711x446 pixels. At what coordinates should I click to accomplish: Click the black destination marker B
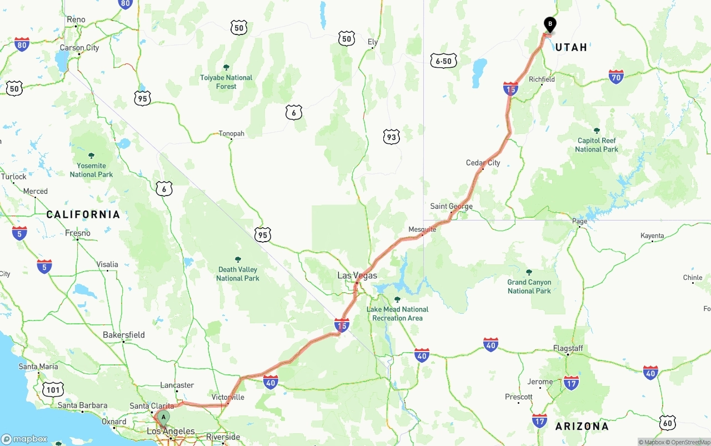click(550, 25)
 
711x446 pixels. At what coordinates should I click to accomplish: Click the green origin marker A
click(163, 418)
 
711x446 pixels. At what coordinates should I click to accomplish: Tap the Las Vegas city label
click(357, 275)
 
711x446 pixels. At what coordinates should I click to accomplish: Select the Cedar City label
click(483, 163)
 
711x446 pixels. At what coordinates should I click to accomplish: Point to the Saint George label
click(451, 206)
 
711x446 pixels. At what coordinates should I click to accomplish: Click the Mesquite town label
click(422, 229)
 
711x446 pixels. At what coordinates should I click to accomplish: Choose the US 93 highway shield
click(391, 137)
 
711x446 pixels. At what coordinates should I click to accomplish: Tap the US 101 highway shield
click(53, 389)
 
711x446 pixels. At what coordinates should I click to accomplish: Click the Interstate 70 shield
click(616, 77)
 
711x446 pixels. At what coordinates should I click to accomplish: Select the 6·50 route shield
click(443, 61)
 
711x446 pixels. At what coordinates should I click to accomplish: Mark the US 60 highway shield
click(667, 423)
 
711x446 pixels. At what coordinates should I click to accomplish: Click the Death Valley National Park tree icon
click(238, 259)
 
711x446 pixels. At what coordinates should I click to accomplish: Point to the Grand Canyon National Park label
click(529, 287)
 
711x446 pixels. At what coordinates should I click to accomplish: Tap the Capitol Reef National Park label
click(597, 145)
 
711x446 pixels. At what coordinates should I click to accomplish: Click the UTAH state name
click(572, 47)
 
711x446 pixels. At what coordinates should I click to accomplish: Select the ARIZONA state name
click(582, 427)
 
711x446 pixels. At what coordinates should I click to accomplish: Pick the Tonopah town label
click(231, 133)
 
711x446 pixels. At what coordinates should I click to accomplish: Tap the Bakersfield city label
click(123, 335)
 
